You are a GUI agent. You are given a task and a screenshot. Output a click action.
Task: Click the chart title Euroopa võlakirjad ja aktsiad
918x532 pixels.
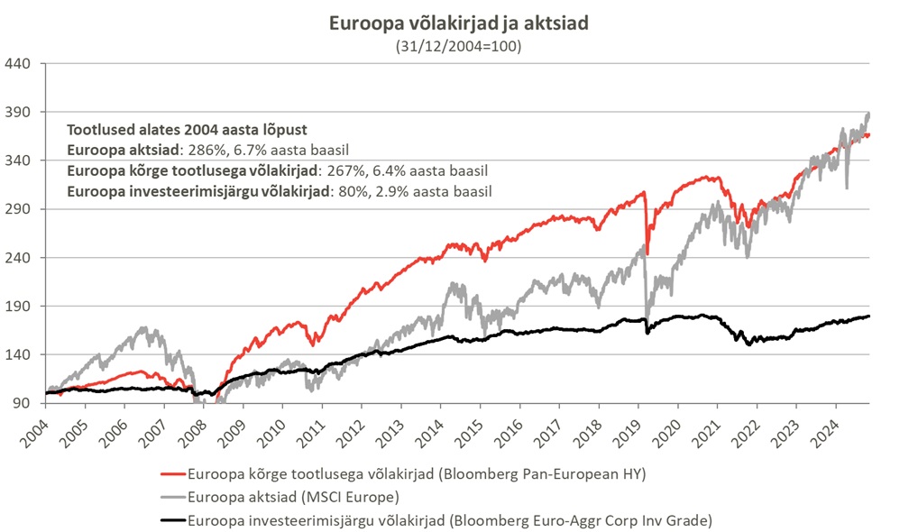coord(459,23)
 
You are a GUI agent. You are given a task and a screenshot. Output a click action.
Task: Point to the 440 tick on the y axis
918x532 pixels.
coord(19,63)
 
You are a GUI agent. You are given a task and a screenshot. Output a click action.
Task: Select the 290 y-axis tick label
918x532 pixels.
coord(19,209)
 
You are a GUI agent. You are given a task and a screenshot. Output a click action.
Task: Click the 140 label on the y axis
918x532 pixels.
coord(19,354)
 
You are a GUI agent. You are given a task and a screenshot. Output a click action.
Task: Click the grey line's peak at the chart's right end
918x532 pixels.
coord(868,114)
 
